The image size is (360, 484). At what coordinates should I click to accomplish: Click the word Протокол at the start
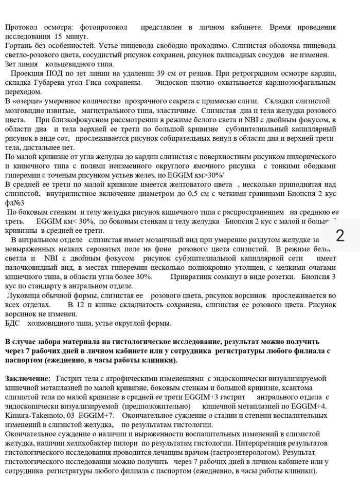(x=22, y=27)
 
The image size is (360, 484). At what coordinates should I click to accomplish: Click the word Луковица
(x=24, y=295)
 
